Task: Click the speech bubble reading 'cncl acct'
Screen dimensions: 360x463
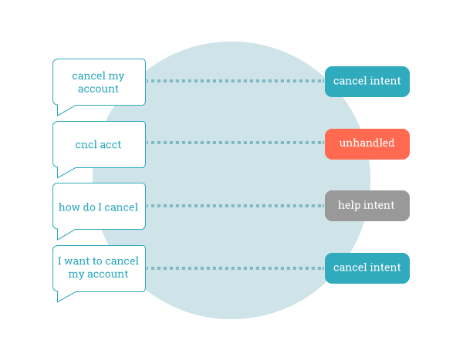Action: pyautogui.click(x=99, y=143)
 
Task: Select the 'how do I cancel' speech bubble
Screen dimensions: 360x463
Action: pyautogui.click(x=99, y=206)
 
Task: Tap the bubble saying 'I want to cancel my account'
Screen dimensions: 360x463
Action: pyautogui.click(x=99, y=267)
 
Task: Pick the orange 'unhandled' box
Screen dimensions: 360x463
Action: pyautogui.click(x=367, y=143)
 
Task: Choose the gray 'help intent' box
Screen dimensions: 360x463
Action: pyautogui.click(x=367, y=206)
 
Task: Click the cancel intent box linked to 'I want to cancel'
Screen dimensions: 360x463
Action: pyautogui.click(x=367, y=267)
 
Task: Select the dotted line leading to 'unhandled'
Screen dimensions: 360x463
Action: pyautogui.click(x=235, y=143)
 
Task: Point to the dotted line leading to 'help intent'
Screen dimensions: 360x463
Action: pyautogui.click(x=235, y=206)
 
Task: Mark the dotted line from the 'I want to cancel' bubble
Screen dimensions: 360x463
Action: pyautogui.click(x=235, y=268)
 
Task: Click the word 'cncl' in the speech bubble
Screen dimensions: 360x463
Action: pyautogui.click(x=86, y=144)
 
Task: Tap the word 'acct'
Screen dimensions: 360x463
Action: pyautogui.click(x=110, y=144)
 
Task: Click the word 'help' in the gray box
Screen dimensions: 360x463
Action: pyautogui.click(x=350, y=206)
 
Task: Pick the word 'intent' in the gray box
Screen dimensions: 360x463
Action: pyautogui.click(x=379, y=206)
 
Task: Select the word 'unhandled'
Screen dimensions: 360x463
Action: pyautogui.click(x=367, y=143)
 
